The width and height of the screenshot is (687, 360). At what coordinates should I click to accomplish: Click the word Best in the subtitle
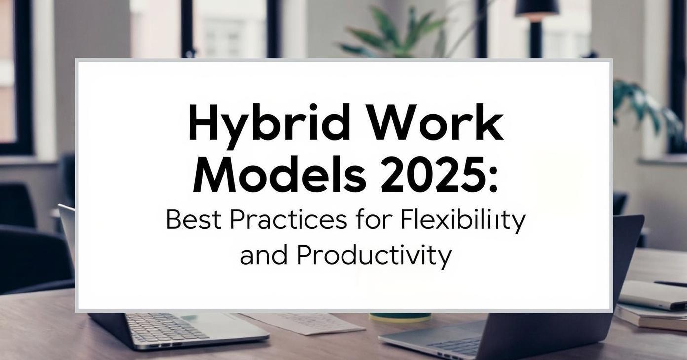click(x=193, y=220)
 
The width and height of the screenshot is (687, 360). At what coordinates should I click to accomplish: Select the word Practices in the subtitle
click(x=289, y=220)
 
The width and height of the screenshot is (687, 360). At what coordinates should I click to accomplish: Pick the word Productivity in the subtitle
click(x=374, y=257)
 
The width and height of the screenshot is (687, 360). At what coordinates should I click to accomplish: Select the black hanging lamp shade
click(x=537, y=8)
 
